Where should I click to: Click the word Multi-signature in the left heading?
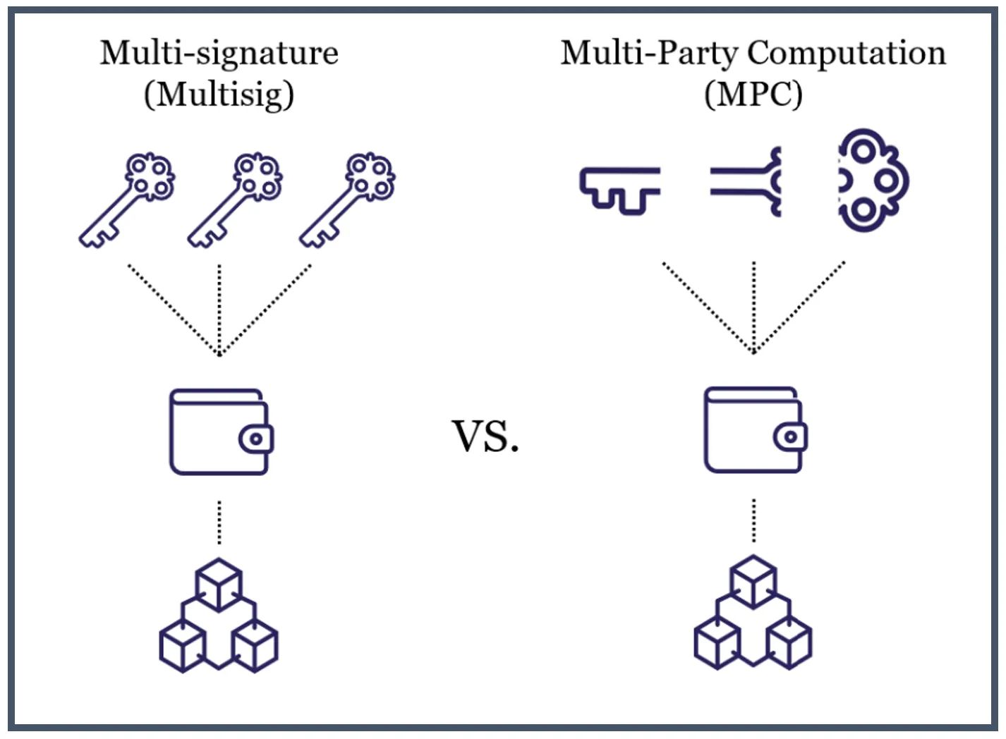pos(219,54)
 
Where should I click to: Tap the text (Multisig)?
pos(219,94)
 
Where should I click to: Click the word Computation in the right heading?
pos(846,54)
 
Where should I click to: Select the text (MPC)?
pos(753,94)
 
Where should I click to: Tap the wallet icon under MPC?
pos(754,429)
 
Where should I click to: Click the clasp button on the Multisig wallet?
pos(256,439)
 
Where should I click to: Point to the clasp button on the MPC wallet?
pos(791,437)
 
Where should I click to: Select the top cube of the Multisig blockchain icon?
pos(219,584)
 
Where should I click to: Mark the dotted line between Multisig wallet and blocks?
pos(219,523)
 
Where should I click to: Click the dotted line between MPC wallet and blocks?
pos(754,520)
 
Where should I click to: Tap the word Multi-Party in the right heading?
pos(648,54)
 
